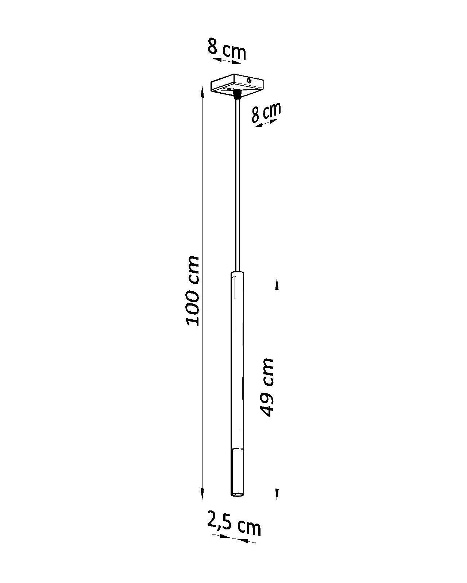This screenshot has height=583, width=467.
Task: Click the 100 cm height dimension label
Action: [x=192, y=291]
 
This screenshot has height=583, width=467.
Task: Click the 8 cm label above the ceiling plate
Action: [x=227, y=48]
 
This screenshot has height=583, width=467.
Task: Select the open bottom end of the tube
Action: [x=236, y=494]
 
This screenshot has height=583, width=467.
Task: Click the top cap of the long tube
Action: [x=237, y=274]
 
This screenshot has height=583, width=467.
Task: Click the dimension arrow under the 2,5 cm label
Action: [x=234, y=539]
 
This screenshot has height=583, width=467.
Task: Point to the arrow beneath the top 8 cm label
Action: [x=227, y=61]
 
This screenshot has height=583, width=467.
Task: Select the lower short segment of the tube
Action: [x=236, y=470]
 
